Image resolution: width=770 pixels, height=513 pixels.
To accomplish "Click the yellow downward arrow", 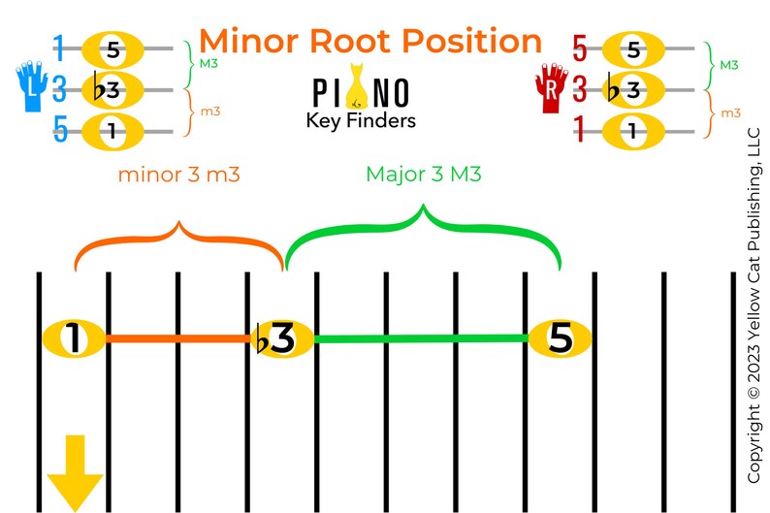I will (75, 471).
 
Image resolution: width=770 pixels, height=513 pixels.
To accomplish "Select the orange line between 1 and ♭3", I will (176, 338).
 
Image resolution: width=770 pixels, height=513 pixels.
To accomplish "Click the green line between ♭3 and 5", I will (420, 338).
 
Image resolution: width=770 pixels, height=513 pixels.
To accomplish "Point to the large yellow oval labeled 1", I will (74, 338).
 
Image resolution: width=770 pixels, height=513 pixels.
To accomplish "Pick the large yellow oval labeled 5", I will (561, 338).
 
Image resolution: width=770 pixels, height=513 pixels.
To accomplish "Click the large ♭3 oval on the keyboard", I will (281, 338).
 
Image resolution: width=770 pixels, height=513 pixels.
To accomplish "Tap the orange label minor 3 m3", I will (178, 175).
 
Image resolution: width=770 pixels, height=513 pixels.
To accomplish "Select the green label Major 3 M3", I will (424, 175).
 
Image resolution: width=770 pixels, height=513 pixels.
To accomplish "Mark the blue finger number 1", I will (59, 48).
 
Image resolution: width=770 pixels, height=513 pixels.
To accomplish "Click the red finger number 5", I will (580, 48).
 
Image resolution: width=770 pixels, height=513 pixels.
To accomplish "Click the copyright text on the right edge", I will (754, 305).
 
